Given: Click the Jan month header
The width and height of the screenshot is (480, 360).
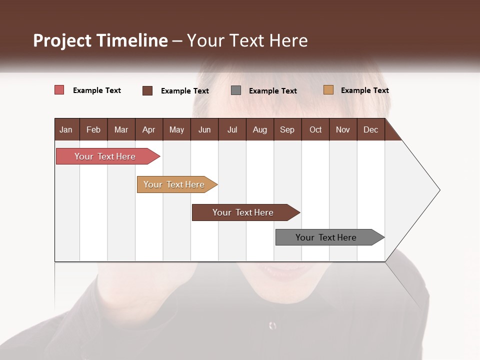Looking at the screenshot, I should [66, 129].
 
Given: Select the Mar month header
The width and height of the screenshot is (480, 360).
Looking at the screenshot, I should [121, 129].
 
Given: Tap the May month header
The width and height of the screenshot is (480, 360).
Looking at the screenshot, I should [176, 129].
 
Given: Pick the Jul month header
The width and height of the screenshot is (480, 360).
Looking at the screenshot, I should [232, 129].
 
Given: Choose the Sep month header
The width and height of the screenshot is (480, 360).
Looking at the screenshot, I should [287, 129].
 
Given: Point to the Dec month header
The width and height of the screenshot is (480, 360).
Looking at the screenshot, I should [370, 129].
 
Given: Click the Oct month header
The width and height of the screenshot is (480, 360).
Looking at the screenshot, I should [315, 129].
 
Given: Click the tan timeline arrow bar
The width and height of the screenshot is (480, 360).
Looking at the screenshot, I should [175, 184].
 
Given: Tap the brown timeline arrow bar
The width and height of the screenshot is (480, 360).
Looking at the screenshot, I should [244, 212].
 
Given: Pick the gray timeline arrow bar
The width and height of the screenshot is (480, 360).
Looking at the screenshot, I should [327, 237].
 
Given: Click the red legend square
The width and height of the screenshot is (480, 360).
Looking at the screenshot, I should [59, 90].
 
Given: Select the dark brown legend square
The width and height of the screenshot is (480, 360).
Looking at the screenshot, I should [147, 90].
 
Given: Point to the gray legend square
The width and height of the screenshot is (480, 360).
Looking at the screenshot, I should [236, 90].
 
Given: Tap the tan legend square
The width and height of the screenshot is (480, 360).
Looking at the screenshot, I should [328, 90].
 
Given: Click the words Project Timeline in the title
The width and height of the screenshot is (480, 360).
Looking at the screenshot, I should [100, 40].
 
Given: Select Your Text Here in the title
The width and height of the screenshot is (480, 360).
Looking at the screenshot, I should [247, 40].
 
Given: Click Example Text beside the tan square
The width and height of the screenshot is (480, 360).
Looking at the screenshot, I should [364, 90].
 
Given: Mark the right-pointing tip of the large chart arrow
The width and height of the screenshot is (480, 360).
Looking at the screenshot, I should [439, 190].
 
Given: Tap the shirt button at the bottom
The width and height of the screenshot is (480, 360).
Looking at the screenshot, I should [272, 325].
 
